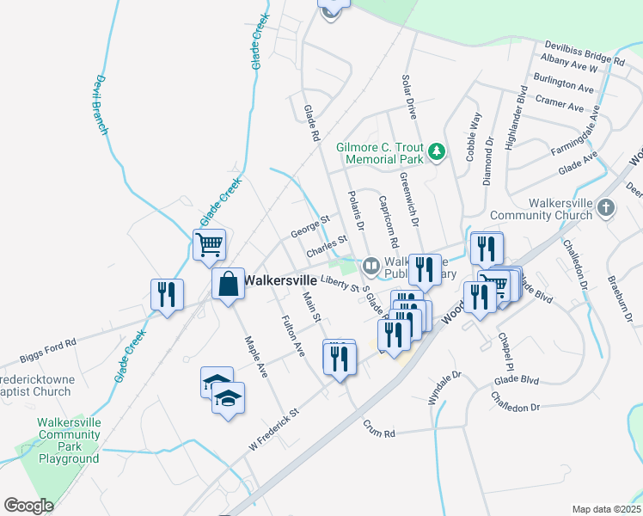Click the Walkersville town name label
tap(284, 280)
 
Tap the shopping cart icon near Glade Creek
tap(210, 245)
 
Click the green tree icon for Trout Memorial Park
tap(438, 152)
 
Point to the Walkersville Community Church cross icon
tap(607, 207)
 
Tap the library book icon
tap(370, 265)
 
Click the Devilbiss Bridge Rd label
tap(585, 53)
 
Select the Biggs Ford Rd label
tap(47, 341)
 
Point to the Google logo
tap(29, 506)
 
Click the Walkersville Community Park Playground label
tap(69, 440)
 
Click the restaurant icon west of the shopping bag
tap(167, 294)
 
